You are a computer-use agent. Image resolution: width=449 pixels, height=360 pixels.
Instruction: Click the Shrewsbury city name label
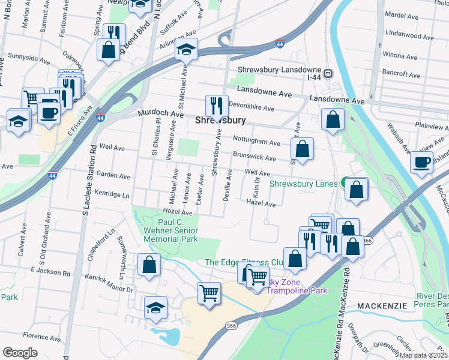pos(221,121)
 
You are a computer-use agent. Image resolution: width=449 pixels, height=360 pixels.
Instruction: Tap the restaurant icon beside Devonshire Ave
pos(215,106)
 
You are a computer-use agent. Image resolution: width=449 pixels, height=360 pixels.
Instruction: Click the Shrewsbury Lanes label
pos(304,184)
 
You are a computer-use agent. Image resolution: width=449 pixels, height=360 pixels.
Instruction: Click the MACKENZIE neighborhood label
pos(382,306)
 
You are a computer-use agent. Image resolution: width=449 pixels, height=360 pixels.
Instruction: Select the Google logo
pos(20,353)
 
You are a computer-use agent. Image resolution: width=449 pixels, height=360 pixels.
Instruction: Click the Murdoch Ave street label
pos(160,113)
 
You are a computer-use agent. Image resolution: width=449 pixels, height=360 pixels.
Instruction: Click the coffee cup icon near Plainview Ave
pos(421,162)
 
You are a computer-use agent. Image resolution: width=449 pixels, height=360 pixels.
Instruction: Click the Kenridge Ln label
pos(113,195)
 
